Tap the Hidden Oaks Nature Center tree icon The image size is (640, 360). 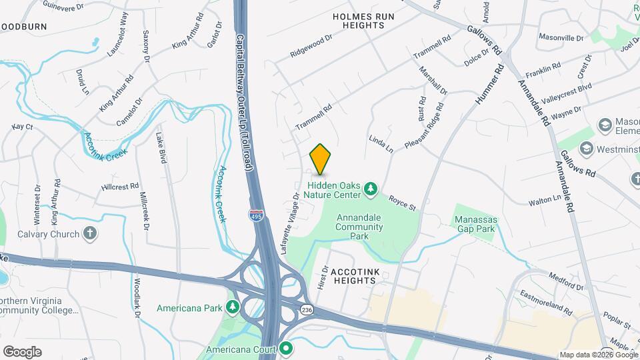371,191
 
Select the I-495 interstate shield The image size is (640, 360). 256,216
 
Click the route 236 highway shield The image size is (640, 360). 307,310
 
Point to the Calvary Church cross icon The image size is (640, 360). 91,233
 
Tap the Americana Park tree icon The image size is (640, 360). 233,307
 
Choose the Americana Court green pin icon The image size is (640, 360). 287,348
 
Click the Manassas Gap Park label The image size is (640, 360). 475,223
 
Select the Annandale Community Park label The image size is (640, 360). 359,227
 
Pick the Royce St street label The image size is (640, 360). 403,203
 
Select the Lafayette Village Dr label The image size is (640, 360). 294,213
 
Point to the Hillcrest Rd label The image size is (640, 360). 120,186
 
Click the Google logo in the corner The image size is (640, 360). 22,351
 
